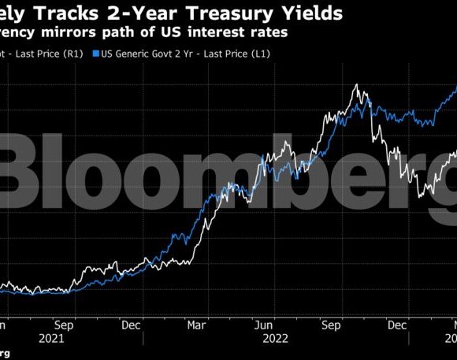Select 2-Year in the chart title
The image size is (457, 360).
(156, 13)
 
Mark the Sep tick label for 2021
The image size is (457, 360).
(65, 324)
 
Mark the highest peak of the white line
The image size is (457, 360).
(358, 85)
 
